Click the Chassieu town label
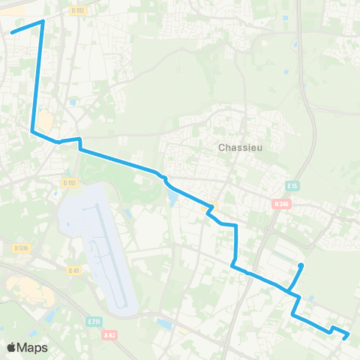238,147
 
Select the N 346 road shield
280,202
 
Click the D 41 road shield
73,270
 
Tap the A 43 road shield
110,336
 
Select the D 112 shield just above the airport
70,182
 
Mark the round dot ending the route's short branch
301,265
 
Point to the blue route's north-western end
11,32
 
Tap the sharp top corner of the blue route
43,21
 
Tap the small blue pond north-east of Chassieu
286,52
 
